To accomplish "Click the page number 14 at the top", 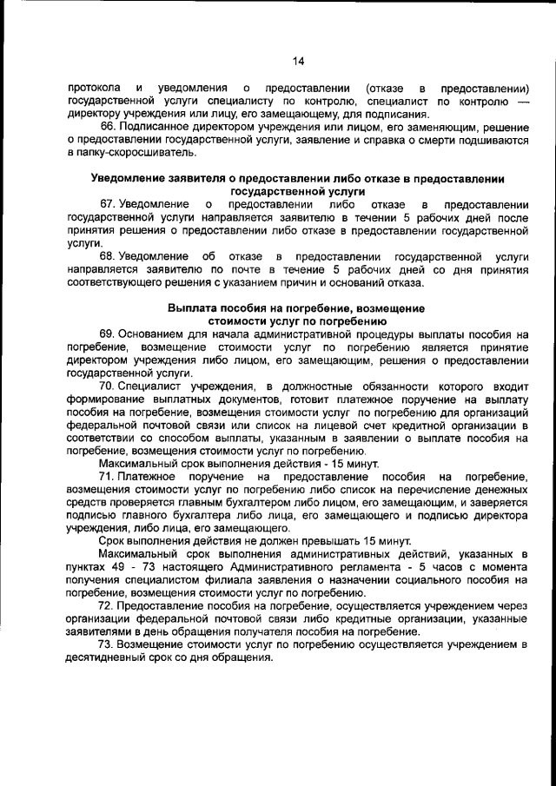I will click(298, 61).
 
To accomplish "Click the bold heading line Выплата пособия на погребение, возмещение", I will click(295, 308).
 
